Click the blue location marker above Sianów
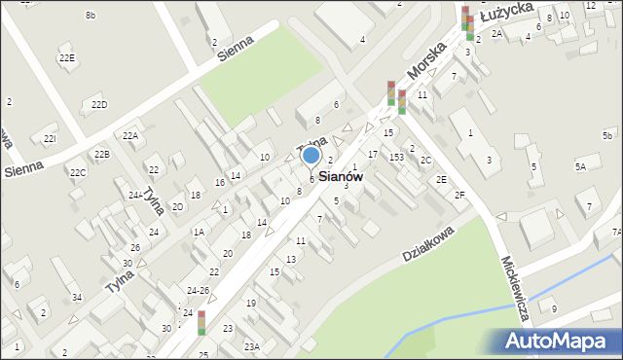click(311, 155)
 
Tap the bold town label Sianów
click(341, 178)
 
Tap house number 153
click(396, 157)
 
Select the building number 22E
click(66, 58)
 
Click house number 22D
click(99, 104)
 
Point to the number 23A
click(252, 346)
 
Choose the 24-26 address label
click(198, 290)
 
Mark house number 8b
click(91, 15)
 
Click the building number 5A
click(580, 167)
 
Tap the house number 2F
click(459, 195)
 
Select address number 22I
click(50, 139)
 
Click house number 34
click(77, 297)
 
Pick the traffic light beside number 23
click(202, 322)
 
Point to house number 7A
click(616, 233)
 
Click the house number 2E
click(441, 179)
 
